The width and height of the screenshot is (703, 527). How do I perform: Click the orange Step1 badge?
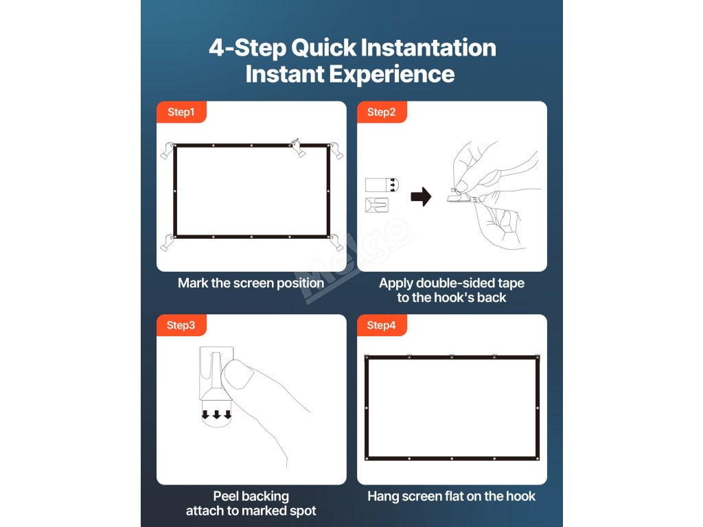[x=181, y=112]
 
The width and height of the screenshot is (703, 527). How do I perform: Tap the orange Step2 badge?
[x=382, y=112]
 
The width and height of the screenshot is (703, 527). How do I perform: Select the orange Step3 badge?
[x=181, y=325]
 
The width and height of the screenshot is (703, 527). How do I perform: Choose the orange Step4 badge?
[x=382, y=325]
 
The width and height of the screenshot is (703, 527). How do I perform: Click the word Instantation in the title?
[x=428, y=47]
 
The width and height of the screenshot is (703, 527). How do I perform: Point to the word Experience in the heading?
[x=392, y=74]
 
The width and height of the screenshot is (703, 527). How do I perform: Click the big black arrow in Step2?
[x=421, y=197]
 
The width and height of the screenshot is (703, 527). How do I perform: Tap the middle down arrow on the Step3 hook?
[x=216, y=414]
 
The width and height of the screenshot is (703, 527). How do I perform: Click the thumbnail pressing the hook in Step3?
[x=238, y=374]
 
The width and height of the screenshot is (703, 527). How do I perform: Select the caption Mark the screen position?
[x=251, y=283]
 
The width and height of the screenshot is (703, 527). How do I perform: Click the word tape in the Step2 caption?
[x=510, y=283]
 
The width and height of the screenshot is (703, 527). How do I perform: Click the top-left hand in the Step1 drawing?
[x=168, y=150]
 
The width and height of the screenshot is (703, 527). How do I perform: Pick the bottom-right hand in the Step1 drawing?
[x=336, y=242]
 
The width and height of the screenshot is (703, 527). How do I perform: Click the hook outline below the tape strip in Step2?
[x=377, y=204]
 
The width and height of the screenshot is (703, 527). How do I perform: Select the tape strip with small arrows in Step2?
[x=382, y=185]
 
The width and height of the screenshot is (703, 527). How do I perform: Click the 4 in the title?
[x=216, y=47]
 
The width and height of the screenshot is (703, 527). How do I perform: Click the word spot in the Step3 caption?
[x=303, y=511]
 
